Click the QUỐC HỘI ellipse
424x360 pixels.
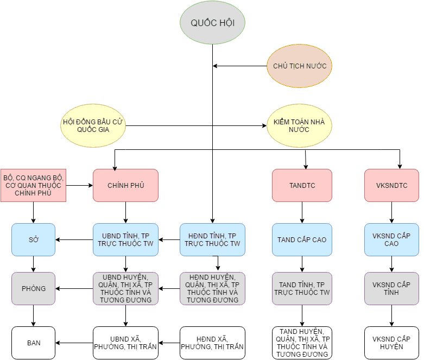[212, 23]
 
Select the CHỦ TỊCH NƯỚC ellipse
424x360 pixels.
[299, 66]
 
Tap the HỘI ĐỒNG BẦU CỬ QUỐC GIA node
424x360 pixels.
[93, 126]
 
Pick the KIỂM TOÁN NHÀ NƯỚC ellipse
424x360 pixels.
[299, 126]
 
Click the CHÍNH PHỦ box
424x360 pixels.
[125, 185]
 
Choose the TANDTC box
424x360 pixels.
[302, 185]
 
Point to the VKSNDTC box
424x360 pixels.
[391, 185]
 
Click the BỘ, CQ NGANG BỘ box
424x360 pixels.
[33, 185]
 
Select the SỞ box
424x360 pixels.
[33, 239]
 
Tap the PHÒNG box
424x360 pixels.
[33, 288]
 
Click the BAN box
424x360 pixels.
[33, 343]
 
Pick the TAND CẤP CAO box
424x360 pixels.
[302, 239]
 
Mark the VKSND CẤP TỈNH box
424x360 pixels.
[391, 288]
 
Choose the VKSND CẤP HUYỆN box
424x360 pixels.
[391, 343]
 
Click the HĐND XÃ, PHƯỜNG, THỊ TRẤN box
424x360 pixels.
[212, 343]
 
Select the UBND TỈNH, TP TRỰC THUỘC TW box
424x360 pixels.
[125, 239]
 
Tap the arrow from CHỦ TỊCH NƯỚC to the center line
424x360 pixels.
[239, 66]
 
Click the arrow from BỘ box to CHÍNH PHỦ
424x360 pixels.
[79, 185]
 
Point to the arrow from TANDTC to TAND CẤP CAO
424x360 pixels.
[302, 212]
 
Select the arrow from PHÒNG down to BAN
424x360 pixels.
[33, 315]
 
